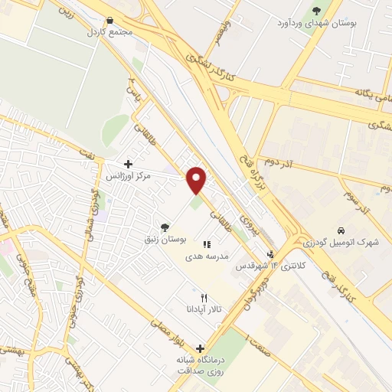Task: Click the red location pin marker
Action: coord(198,179)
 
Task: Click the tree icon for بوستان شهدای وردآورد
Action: coord(317,10)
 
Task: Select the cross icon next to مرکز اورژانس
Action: coord(128,163)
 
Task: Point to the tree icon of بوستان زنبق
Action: coord(165,227)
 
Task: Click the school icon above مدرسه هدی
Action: coord(206,244)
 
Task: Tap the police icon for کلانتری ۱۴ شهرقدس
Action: coord(269,254)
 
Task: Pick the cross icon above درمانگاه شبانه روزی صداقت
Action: coord(200,349)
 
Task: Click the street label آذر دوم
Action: coord(280,162)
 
